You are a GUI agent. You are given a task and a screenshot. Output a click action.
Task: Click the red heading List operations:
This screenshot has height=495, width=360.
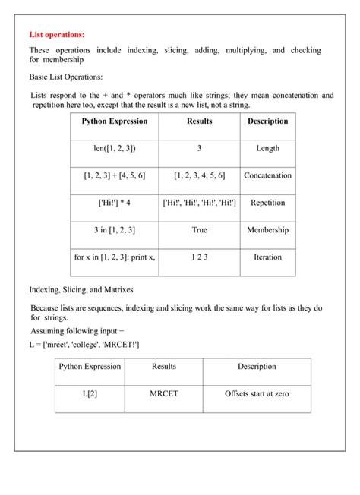point(57,34)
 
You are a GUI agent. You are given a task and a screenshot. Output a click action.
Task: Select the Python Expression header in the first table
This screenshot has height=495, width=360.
point(115,121)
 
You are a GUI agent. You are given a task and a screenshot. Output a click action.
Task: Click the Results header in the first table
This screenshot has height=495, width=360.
point(199,121)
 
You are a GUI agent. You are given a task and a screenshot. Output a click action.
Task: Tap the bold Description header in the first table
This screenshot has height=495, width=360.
point(267,121)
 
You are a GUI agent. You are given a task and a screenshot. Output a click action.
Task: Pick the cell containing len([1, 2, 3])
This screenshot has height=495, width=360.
point(115,149)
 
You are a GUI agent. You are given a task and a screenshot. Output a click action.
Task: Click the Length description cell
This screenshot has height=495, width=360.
point(267,149)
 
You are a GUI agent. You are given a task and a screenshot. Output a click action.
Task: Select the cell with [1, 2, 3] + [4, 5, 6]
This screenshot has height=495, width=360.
point(115,175)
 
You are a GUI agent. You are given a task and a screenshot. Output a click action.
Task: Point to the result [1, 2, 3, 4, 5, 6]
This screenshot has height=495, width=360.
point(199,175)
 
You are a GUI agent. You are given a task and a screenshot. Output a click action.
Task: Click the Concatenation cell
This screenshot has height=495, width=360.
point(267,175)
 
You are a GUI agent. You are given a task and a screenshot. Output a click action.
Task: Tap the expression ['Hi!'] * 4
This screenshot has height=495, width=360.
point(115,203)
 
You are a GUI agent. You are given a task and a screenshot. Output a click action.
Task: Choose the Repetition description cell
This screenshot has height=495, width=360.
point(267,203)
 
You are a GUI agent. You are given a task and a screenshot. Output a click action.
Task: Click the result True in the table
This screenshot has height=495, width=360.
point(199,230)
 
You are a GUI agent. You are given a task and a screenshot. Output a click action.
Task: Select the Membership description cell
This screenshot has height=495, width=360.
point(267,230)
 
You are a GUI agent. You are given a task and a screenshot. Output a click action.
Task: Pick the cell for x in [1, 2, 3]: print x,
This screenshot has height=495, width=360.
point(115,257)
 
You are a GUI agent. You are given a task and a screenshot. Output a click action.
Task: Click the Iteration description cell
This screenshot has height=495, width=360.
point(267,257)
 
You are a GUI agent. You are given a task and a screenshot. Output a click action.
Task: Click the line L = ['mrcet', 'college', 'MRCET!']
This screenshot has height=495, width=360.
point(84,345)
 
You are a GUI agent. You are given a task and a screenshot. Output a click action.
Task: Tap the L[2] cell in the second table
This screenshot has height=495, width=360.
point(90,394)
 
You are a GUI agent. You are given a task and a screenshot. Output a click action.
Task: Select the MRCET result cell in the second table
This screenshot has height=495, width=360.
point(163,394)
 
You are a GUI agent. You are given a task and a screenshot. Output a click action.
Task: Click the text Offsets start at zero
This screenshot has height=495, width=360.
point(257,394)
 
